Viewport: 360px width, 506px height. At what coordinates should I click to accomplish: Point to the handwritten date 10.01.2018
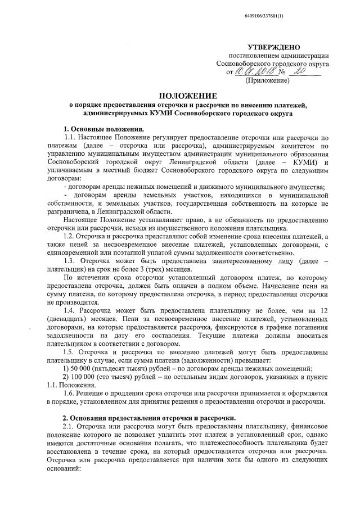click(x=253, y=72)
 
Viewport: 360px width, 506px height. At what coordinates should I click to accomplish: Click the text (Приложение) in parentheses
click(x=268, y=81)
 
